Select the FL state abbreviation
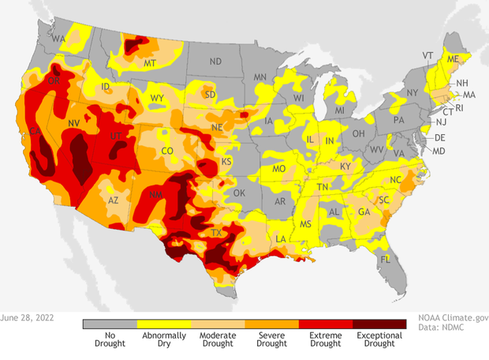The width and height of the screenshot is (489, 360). point(385,260)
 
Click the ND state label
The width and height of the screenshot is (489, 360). point(215,61)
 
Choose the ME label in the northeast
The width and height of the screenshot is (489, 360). point(453,59)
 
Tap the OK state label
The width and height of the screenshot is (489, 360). point(240,193)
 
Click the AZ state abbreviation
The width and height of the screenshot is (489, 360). point(114,201)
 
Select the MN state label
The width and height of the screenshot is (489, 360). point(260,77)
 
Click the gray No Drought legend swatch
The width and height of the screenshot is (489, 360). point(110,324)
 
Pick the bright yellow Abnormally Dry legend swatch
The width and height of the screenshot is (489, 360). point(164,324)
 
